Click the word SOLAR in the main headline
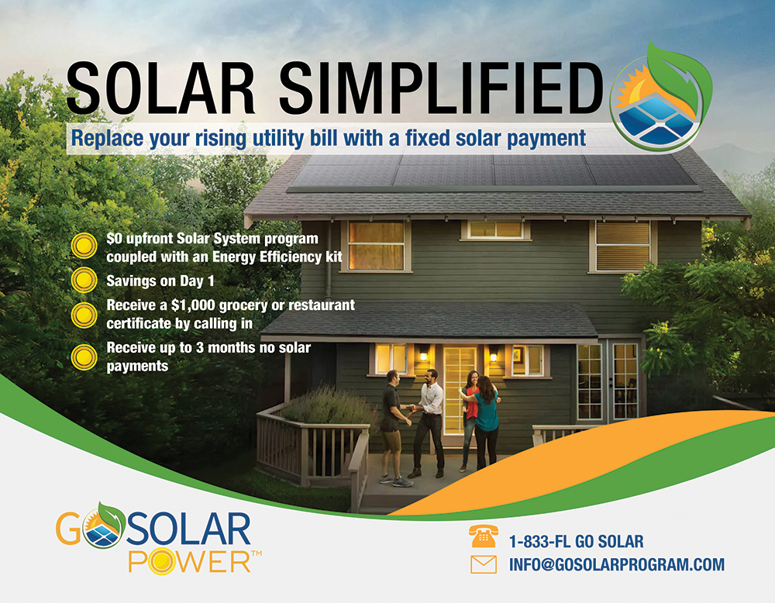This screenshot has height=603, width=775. click(x=160, y=89)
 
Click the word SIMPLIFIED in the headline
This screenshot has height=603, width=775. click(x=441, y=89)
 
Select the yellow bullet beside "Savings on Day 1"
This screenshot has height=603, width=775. click(x=84, y=281)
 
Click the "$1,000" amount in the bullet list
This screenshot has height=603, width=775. click(x=191, y=305)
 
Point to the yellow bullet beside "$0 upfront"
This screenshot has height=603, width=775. click(x=84, y=246)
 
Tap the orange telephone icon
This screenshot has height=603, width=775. click(x=484, y=537)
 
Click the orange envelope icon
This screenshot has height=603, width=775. click(x=484, y=564)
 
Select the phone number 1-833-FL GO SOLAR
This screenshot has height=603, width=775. click(x=577, y=542)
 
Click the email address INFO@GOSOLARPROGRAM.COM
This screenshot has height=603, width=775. click(x=617, y=564)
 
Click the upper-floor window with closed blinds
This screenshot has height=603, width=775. click(x=623, y=246)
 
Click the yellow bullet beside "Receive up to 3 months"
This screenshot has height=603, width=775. click(x=84, y=357)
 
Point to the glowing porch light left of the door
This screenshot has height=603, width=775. click(x=424, y=356)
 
